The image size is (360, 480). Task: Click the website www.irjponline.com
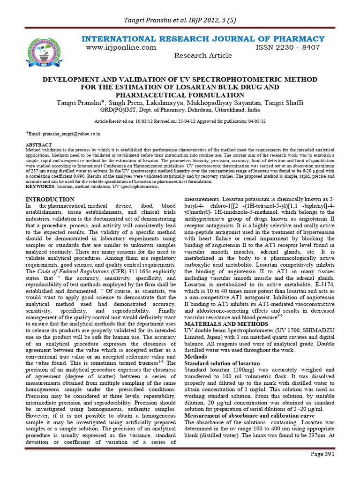point(121,47)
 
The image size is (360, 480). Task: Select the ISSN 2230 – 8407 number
point(287,47)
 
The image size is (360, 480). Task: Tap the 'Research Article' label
point(203,55)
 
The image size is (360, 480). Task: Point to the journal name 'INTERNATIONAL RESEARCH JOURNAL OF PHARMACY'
point(203,38)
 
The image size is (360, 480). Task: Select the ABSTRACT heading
point(36,145)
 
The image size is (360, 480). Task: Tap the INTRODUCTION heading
point(49,200)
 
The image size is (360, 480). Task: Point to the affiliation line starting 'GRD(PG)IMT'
point(180,110)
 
